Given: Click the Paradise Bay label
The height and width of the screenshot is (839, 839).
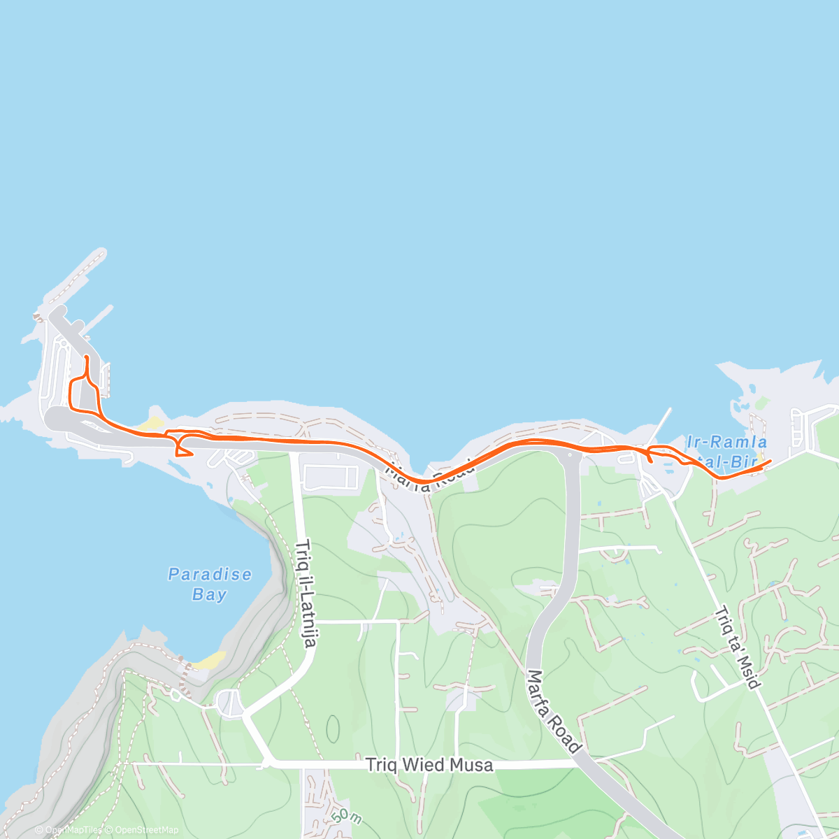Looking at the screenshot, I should [209, 585].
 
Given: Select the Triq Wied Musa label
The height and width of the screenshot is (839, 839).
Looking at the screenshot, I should [429, 765].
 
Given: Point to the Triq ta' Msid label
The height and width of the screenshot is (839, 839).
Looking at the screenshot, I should [737, 647].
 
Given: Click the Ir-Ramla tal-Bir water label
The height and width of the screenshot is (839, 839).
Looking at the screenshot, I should [727, 452].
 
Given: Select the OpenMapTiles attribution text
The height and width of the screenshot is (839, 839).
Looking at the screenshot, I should [69, 830].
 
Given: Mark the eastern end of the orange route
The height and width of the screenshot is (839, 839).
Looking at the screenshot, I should [770, 461].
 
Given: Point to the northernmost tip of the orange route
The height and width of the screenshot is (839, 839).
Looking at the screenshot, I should [86, 357].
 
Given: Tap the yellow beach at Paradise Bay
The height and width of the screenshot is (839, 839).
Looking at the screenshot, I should [211, 659].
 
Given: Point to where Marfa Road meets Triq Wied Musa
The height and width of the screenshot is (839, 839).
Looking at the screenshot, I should [580, 763].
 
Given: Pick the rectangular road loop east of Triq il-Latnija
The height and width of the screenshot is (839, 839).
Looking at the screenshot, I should [331, 478].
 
